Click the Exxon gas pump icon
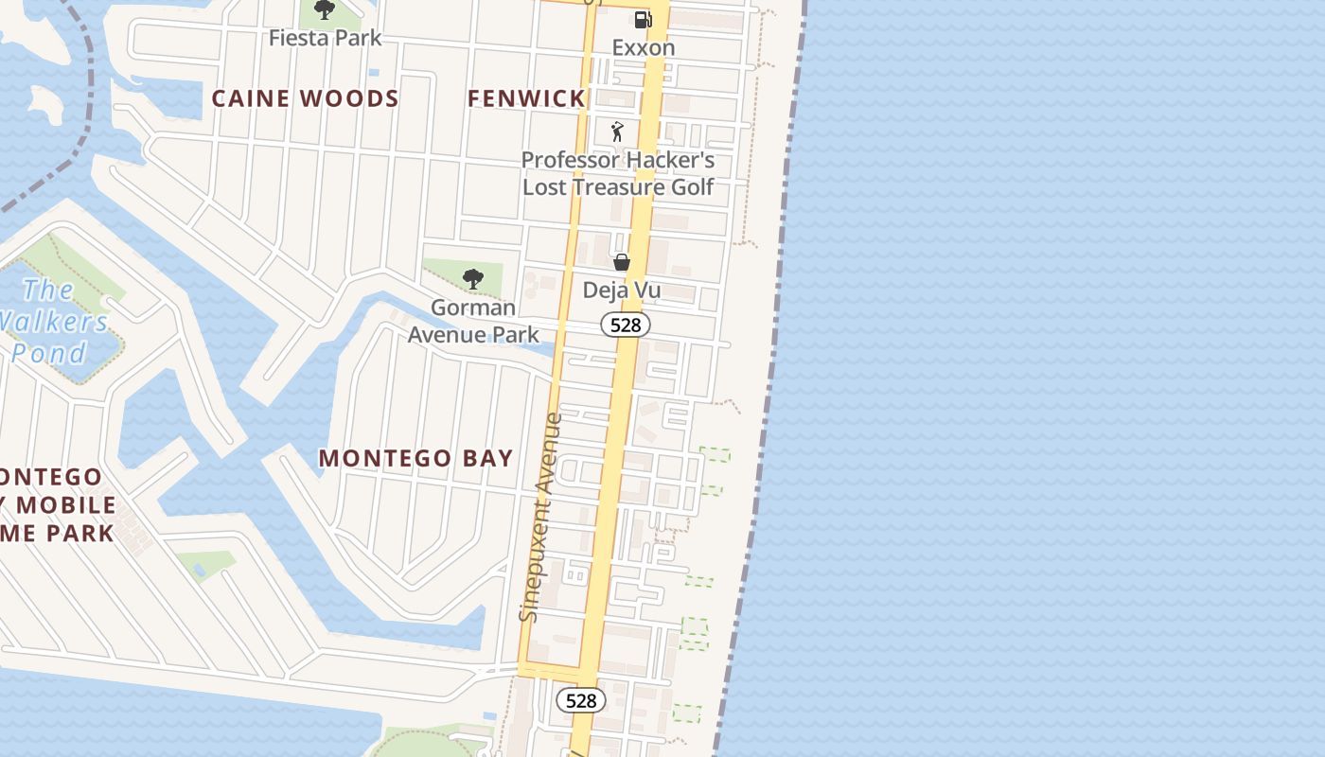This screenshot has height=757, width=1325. click(643, 19)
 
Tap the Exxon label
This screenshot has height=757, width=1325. click(644, 47)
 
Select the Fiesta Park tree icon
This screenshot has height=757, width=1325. click(325, 10)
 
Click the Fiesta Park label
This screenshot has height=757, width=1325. click(325, 38)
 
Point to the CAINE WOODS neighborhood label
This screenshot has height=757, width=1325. click(305, 98)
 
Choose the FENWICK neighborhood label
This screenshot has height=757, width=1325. click(527, 98)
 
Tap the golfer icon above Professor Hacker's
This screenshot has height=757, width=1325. click(618, 132)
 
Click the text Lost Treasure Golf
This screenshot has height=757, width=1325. click(618, 186)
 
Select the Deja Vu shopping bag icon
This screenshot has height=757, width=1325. click(622, 262)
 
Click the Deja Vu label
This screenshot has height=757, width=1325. click(622, 290)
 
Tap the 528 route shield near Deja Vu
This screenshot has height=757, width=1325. click(626, 326)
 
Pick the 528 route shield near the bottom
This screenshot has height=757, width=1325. click(580, 700)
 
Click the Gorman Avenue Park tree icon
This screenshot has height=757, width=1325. click(473, 279)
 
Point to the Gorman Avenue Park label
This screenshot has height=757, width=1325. click(473, 321)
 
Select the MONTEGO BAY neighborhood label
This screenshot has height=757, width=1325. click(415, 458)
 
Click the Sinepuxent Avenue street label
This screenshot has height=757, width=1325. click(541, 517)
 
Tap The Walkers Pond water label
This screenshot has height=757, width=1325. click(52, 322)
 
